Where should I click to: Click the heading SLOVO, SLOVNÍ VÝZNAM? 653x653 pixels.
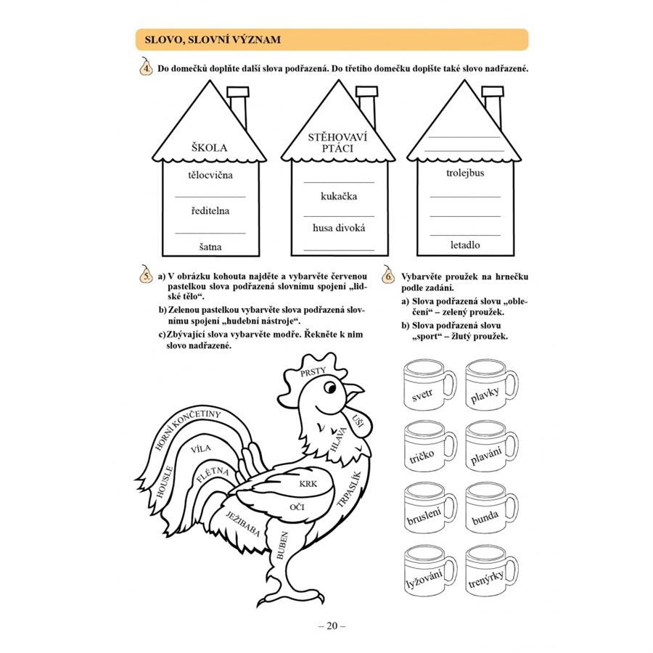pyautogui.click(x=213, y=40)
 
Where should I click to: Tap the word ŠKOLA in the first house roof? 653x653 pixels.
pyautogui.click(x=210, y=147)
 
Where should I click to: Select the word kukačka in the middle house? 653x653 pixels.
pyautogui.click(x=339, y=196)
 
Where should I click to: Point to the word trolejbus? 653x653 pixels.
pyautogui.click(x=465, y=173)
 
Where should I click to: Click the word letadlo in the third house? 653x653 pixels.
pyautogui.click(x=465, y=245)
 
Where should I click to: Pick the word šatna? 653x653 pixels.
pyautogui.click(x=210, y=247)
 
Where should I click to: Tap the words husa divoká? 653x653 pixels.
pyautogui.click(x=339, y=228)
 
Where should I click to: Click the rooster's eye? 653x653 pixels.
pyautogui.click(x=330, y=387)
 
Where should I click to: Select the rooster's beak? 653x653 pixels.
pyautogui.click(x=354, y=393)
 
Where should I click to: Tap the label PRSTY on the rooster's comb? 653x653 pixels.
pyautogui.click(x=313, y=371)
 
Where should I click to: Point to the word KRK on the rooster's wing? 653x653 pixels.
pyautogui.click(x=308, y=484)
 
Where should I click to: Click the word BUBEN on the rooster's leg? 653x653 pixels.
pyautogui.click(x=282, y=545)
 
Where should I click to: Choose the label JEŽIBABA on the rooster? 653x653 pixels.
pyautogui.click(x=243, y=523)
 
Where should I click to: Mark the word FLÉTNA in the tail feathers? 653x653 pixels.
pyautogui.click(x=213, y=474)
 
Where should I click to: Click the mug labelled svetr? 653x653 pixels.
pyautogui.click(x=430, y=385)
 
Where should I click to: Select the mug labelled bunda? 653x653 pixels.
pyautogui.click(x=491, y=508)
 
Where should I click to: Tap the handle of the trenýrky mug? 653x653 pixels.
pyautogui.click(x=512, y=570)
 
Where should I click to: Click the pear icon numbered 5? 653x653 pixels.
pyautogui.click(x=146, y=275)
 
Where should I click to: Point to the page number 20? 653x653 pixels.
pyautogui.click(x=332, y=626)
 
